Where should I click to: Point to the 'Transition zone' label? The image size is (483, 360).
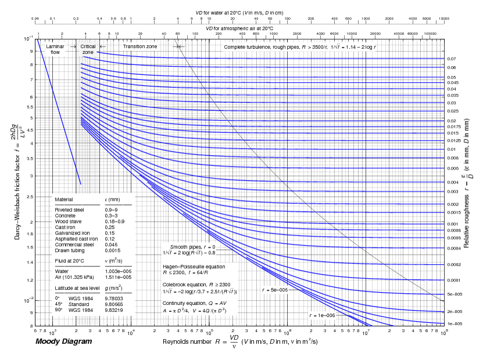(x=139, y=46)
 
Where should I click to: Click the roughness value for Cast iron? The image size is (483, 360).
(x=110, y=227)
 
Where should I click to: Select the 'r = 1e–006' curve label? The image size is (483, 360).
(x=323, y=315)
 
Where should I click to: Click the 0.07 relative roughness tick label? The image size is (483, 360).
(x=452, y=59)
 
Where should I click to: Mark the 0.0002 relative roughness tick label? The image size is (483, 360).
(x=454, y=265)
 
